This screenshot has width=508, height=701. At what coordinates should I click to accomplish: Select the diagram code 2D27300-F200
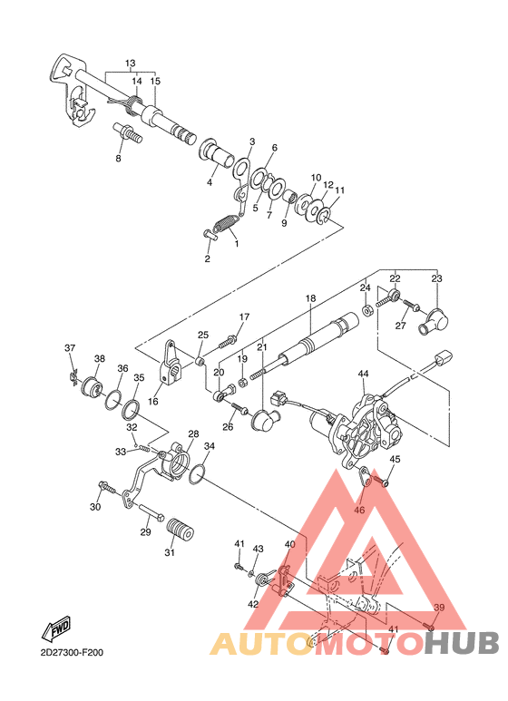(72, 652)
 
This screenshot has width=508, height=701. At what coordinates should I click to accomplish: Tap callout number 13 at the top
(130, 63)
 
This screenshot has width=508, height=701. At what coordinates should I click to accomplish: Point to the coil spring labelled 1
(224, 223)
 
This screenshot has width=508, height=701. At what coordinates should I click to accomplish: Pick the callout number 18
(310, 297)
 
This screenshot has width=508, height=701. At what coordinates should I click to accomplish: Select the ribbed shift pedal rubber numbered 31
(180, 531)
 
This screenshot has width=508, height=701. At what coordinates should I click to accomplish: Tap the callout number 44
(363, 374)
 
